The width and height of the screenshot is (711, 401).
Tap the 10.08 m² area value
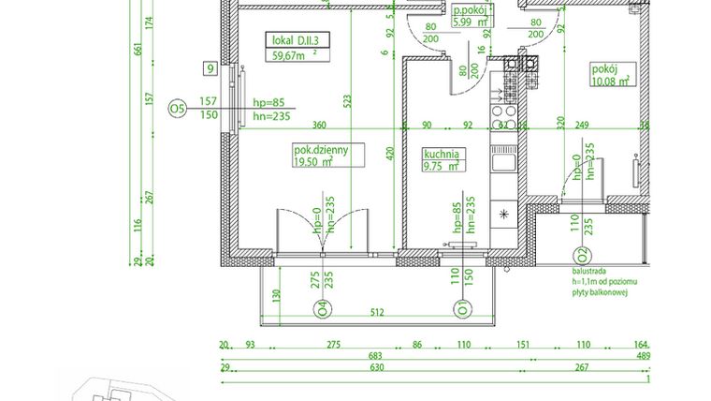point(610,81)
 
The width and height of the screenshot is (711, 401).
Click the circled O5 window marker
point(177,110)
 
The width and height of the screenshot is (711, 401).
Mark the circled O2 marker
point(583,253)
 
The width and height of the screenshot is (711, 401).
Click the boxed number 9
point(211,68)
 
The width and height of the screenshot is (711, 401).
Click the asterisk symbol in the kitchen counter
point(505,215)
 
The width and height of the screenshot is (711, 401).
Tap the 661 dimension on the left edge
point(138,50)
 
